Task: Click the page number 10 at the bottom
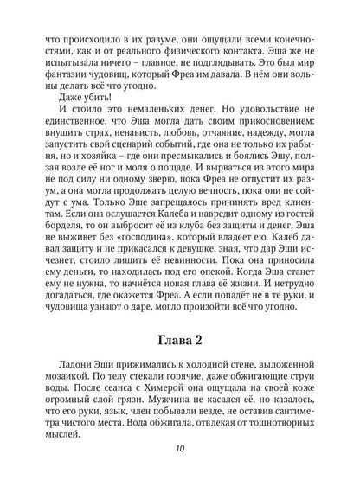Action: click(179, 449)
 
